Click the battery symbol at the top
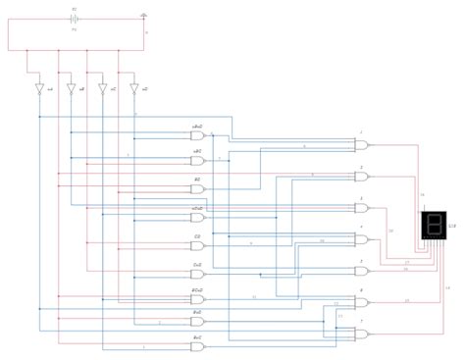75,18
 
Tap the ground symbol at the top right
144,16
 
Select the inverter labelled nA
40,89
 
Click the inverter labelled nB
71,89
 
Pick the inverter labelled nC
103,89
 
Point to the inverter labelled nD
134,89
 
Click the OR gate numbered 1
361,144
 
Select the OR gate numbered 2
361,178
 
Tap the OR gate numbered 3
361,208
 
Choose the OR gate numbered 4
361,238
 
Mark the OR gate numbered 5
361,270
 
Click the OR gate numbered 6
361,302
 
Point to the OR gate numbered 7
361,334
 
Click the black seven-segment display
433,227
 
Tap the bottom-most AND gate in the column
197,347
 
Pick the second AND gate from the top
197,161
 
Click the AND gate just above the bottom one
197,321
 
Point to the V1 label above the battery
74,8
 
